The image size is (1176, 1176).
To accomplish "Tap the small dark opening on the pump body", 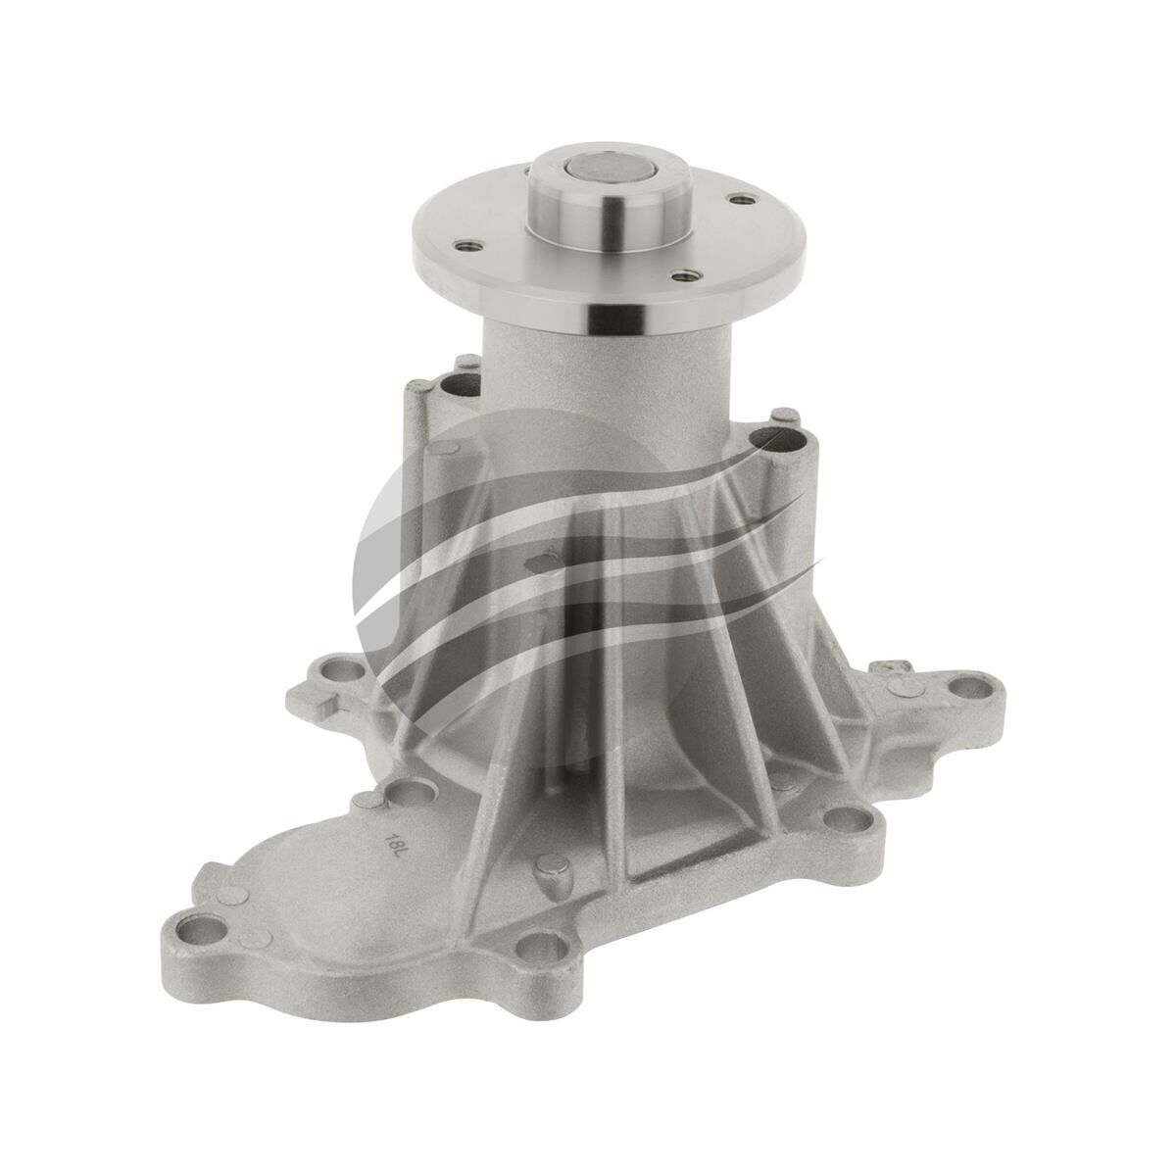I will [x=537, y=563].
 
